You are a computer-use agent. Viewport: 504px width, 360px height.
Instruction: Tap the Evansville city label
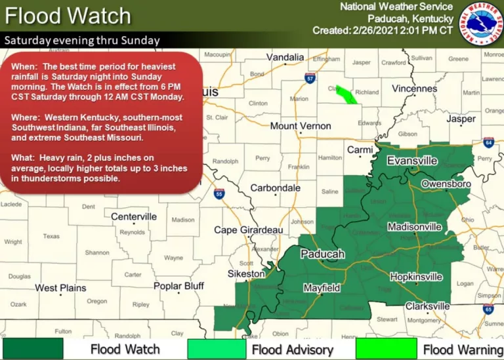pyautogui.click(x=412, y=161)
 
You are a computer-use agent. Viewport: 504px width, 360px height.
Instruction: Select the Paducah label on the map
pyautogui.click(x=322, y=254)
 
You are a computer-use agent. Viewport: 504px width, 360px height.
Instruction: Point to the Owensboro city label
pyautogui.click(x=446, y=184)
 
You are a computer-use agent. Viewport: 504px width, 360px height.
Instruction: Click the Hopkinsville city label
pyautogui.click(x=416, y=277)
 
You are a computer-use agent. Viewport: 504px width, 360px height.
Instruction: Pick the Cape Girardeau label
pyautogui.click(x=249, y=230)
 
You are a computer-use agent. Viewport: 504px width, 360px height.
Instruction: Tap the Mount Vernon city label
pyautogui.click(x=302, y=126)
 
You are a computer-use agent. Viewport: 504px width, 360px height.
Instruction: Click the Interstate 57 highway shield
pyautogui.click(x=310, y=78)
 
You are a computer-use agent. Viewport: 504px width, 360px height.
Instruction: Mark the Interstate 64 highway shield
pyautogui.click(x=488, y=142)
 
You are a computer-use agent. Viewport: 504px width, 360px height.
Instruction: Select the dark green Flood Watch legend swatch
pyautogui.click(x=33, y=348)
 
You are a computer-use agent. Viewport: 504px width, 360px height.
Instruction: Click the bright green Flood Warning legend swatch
pyautogui.click(x=386, y=348)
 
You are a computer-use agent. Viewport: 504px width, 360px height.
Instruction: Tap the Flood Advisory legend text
pyautogui.click(x=292, y=350)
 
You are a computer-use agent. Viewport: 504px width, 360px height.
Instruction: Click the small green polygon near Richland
pyautogui.click(x=346, y=96)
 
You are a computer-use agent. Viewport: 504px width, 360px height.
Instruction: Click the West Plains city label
pyautogui.click(x=60, y=288)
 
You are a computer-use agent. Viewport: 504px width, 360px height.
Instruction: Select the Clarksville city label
pyautogui.click(x=427, y=306)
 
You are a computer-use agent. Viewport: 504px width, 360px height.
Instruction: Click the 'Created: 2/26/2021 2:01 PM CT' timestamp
pyautogui.click(x=383, y=31)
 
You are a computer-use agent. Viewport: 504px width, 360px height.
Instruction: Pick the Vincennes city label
pyautogui.click(x=415, y=89)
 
